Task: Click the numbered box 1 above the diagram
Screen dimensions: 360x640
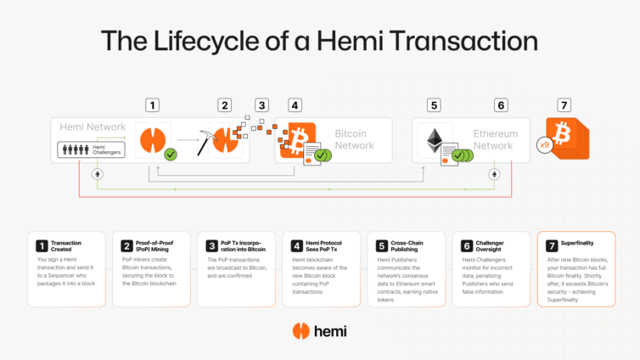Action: point(152,105)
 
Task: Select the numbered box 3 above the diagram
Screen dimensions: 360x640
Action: point(262,105)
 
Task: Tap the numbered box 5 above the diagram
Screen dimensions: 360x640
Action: point(434,105)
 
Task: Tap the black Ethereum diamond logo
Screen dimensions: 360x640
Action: point(438,140)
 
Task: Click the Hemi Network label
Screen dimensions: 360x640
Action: point(88,127)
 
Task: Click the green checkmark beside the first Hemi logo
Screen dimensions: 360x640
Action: point(171,155)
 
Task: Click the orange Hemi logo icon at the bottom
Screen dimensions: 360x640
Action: point(299,331)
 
